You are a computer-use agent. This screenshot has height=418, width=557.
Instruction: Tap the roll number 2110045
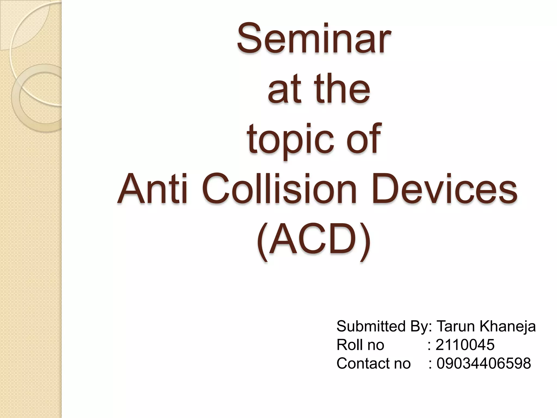(x=465, y=345)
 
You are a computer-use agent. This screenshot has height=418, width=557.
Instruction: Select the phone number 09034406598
(x=484, y=363)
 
